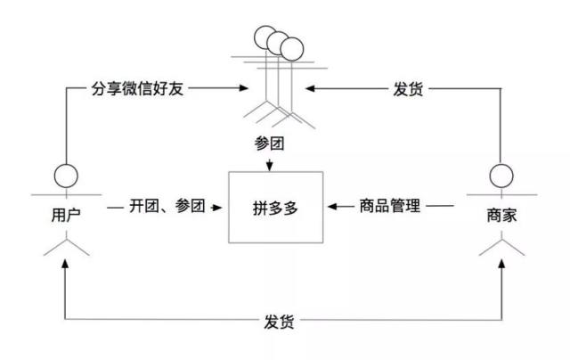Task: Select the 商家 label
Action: (x=502, y=215)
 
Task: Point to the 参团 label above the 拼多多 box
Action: (x=270, y=144)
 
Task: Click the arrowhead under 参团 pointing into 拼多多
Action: (x=271, y=164)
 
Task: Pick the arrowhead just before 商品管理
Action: (x=332, y=207)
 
